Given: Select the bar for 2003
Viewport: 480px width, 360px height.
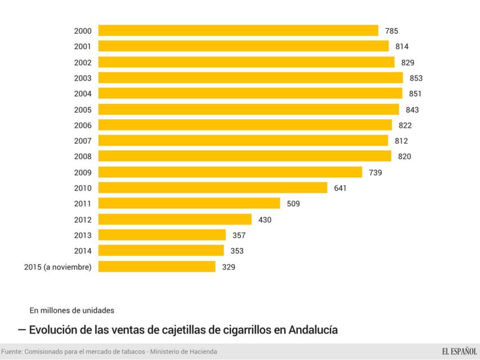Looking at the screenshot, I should (x=250, y=78).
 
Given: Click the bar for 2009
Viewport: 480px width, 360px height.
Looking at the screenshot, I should (x=230, y=172).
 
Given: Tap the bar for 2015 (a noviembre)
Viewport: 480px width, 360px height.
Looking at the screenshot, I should (x=157, y=267).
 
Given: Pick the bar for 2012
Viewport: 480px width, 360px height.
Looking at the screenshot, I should (x=175, y=219).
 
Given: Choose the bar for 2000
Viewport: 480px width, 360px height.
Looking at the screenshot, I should (x=238, y=30).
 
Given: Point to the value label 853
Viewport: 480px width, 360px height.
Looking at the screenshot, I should (x=416, y=78).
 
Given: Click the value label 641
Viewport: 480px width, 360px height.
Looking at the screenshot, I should (x=340, y=188).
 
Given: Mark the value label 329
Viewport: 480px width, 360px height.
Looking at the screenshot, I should (x=228, y=267).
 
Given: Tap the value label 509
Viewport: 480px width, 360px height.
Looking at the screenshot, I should (x=293, y=204).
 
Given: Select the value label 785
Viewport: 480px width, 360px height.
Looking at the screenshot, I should (x=391, y=31).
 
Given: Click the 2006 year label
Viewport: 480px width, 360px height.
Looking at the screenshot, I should (x=83, y=125).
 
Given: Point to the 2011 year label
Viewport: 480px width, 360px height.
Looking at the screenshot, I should (x=83, y=204).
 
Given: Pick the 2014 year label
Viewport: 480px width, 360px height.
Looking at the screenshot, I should (x=83, y=251).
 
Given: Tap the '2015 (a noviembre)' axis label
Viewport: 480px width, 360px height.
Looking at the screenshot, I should (x=58, y=267).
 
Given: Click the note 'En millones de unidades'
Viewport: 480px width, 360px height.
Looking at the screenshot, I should (x=72, y=310).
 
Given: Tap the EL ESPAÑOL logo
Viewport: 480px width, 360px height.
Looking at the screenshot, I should (x=459, y=352).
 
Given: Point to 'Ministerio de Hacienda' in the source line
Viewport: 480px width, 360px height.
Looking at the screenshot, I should (x=182, y=352).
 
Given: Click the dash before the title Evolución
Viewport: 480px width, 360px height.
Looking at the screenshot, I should (x=22, y=329).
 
